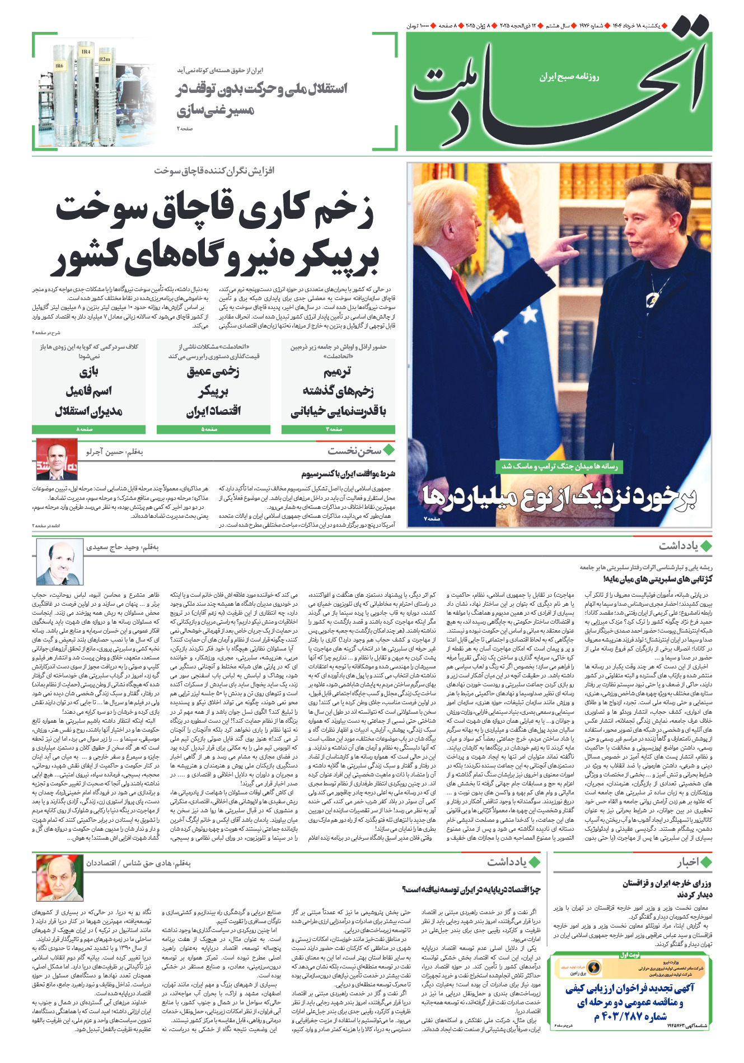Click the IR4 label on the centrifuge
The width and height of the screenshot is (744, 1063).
[86, 52]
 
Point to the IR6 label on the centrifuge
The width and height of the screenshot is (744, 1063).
[59, 66]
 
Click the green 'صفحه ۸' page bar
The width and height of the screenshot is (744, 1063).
[88, 429]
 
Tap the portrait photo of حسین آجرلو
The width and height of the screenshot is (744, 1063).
[57, 460]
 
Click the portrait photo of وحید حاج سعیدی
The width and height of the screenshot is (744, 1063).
[59, 562]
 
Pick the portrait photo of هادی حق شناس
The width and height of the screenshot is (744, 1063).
[59, 877]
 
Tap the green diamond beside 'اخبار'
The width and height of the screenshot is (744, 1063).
[706, 862]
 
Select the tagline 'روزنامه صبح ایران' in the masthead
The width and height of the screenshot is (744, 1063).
[569, 77]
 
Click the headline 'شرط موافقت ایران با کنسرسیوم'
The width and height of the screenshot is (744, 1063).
[348, 474]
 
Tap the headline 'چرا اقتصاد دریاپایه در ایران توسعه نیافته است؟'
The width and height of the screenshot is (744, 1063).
[471, 889]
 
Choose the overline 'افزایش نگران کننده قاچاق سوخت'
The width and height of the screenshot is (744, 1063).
[214, 170]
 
